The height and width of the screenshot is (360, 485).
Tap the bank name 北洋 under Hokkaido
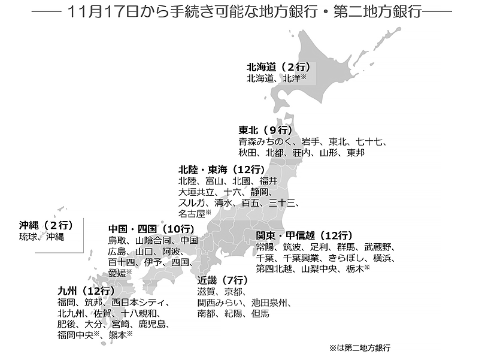coord(292,78)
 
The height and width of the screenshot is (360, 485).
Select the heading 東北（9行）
coord(265,130)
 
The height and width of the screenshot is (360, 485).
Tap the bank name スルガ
coord(192,202)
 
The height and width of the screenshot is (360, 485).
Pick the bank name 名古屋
coord(191,213)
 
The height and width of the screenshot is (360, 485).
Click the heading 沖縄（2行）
coord(46,225)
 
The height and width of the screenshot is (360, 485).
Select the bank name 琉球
coord(28,237)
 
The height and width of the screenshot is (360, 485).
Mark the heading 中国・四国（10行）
coord(150,228)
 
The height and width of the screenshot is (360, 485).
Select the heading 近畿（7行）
coord(222,280)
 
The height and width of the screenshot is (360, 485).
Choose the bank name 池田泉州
coord(271,302)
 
